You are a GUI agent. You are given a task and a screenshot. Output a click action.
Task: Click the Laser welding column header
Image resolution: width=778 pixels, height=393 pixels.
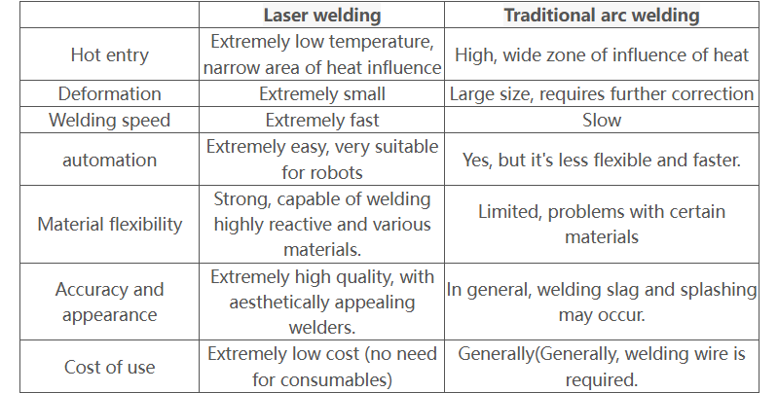click(322, 15)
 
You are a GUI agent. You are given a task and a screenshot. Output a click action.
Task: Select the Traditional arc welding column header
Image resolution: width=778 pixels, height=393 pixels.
click(602, 15)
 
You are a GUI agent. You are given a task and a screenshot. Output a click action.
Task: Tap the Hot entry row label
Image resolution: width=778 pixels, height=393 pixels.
click(110, 54)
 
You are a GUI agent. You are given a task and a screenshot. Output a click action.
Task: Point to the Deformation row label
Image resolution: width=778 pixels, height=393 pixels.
click(110, 93)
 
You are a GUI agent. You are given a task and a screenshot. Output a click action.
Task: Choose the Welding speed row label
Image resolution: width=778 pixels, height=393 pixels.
click(110, 121)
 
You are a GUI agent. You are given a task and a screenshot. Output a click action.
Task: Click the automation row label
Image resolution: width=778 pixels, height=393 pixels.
click(110, 160)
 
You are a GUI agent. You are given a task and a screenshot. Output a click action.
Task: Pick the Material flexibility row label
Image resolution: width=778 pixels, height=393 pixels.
click(110, 224)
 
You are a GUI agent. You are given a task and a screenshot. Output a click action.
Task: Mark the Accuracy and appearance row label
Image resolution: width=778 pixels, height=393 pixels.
click(110, 302)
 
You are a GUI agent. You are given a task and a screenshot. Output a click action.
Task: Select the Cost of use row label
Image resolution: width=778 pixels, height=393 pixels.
click(110, 367)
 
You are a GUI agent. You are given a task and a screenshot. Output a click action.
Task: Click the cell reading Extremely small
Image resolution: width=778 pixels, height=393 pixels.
click(322, 93)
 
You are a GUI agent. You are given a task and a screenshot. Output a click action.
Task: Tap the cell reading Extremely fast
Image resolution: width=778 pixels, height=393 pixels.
click(322, 121)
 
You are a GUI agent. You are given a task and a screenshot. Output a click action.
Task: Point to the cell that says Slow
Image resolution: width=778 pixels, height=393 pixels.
click(602, 121)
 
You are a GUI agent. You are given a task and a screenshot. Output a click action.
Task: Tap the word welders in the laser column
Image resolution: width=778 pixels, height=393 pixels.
click(322, 327)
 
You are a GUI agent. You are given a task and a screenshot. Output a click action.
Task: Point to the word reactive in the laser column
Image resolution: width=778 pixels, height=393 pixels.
click(293, 224)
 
